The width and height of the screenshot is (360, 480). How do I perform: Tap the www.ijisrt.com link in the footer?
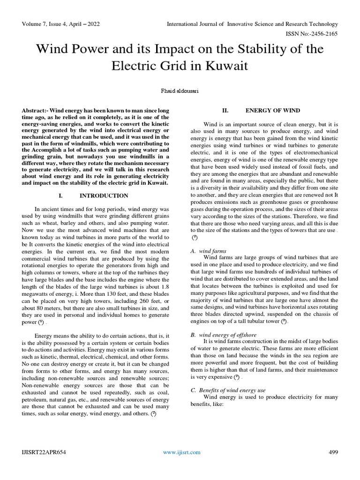[182, 452]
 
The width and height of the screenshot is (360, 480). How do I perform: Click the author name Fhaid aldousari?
[180, 92]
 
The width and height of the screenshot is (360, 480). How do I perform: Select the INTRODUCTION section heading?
[104, 195]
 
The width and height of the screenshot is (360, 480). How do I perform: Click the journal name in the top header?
[253, 24]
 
